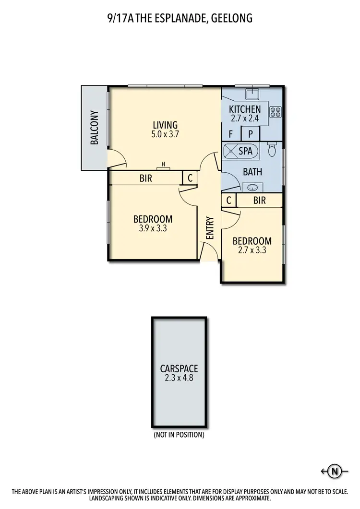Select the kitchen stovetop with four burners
(x=276, y=112)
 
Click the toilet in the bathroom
(x=272, y=151)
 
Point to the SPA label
(x=245, y=151)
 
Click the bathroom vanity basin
(x=252, y=187)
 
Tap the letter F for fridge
(x=231, y=133)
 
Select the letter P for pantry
(x=250, y=133)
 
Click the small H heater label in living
(x=163, y=165)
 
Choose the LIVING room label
(x=165, y=125)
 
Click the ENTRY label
(x=210, y=228)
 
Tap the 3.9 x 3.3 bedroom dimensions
(x=152, y=228)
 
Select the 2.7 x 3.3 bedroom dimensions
(x=252, y=250)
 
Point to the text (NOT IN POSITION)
(x=179, y=435)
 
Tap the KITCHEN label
(x=245, y=109)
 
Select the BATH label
(x=252, y=171)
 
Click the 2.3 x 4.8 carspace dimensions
(x=179, y=379)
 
